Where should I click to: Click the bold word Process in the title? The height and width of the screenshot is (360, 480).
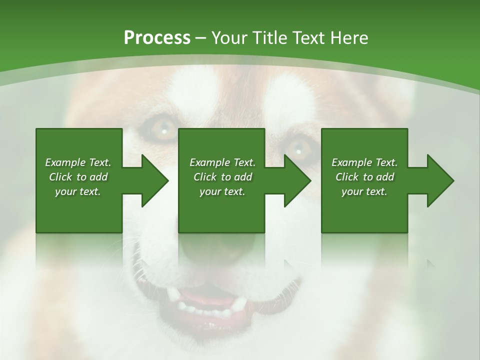(x=157, y=37)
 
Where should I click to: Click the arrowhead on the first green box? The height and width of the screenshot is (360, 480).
(x=150, y=180)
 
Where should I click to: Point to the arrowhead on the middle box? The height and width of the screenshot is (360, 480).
(x=292, y=180)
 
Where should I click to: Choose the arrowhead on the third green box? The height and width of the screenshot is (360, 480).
(x=435, y=180)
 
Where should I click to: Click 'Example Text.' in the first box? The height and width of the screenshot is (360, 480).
(x=78, y=162)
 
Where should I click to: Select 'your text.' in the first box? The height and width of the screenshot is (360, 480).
(x=78, y=191)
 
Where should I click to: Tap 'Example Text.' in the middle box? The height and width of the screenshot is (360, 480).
(x=222, y=162)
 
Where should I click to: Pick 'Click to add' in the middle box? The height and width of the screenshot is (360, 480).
(x=222, y=177)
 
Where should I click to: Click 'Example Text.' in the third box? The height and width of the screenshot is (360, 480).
(x=364, y=162)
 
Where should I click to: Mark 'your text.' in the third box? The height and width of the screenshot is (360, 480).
(x=364, y=191)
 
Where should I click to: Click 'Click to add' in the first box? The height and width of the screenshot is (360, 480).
(x=78, y=177)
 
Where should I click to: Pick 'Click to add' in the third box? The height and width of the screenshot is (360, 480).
(x=364, y=177)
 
